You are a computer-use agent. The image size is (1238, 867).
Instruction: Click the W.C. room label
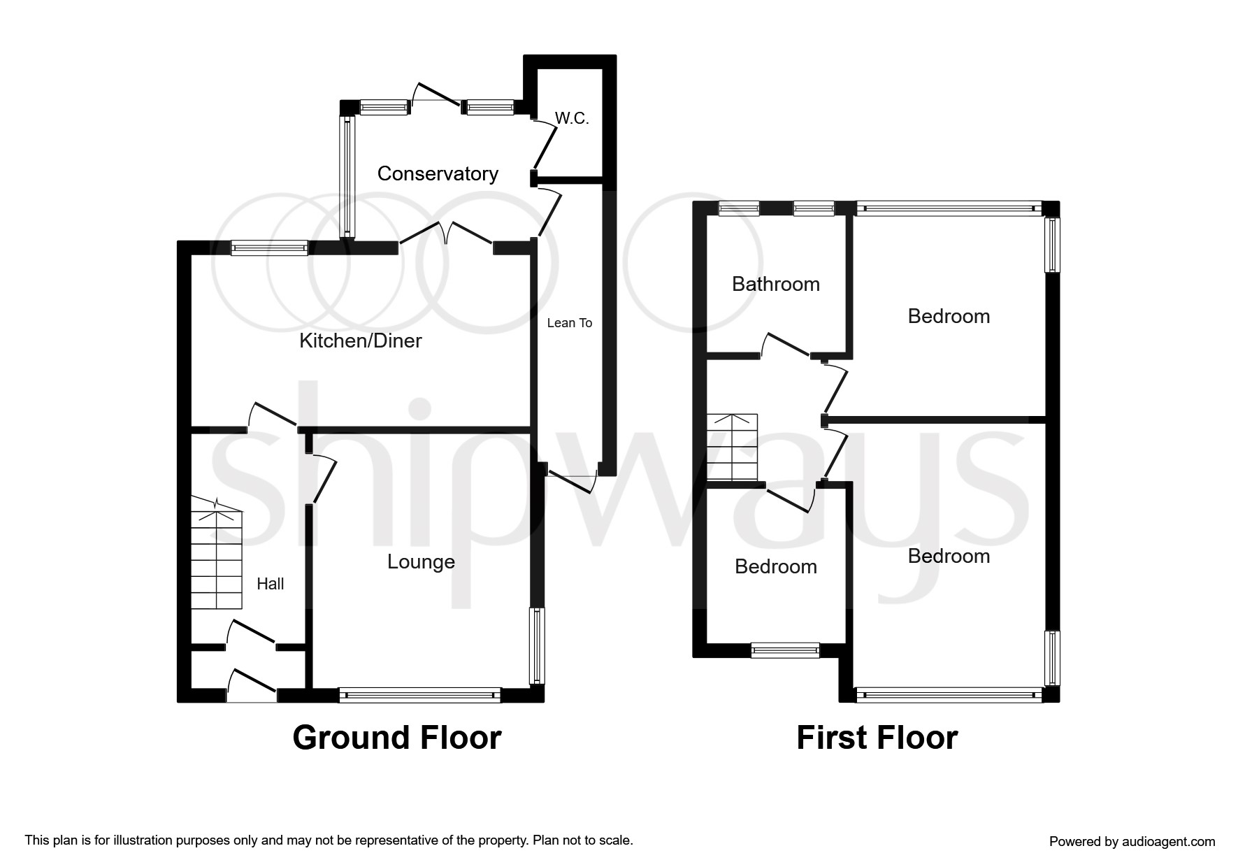pos(572,119)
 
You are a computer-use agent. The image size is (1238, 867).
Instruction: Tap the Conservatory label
pos(438,173)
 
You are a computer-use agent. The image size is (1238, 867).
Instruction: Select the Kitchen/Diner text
pos(361,341)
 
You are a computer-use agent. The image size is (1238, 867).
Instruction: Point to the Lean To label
pos(570,322)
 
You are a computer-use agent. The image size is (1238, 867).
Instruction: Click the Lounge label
pos(422,562)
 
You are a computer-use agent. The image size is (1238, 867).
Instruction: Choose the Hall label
pos(271,584)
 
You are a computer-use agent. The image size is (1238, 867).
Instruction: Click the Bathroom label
pos(776,284)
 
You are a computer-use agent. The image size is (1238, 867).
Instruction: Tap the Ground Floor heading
pos(397,738)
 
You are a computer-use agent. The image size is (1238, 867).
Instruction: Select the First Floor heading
pos(877,738)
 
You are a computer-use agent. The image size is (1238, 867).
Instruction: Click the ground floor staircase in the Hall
pos(217,553)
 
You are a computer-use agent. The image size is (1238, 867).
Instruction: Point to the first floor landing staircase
pos(732,447)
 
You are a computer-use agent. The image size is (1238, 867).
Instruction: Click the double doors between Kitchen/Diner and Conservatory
pos(447,234)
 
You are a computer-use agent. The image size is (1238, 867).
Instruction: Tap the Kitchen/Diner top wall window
pos(269,248)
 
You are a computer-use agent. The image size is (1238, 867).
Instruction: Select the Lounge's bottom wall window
pos(420,695)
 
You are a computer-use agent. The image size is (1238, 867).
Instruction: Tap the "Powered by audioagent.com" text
pos(1132,842)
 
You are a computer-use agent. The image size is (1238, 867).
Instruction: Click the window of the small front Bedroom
pos(785,650)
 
